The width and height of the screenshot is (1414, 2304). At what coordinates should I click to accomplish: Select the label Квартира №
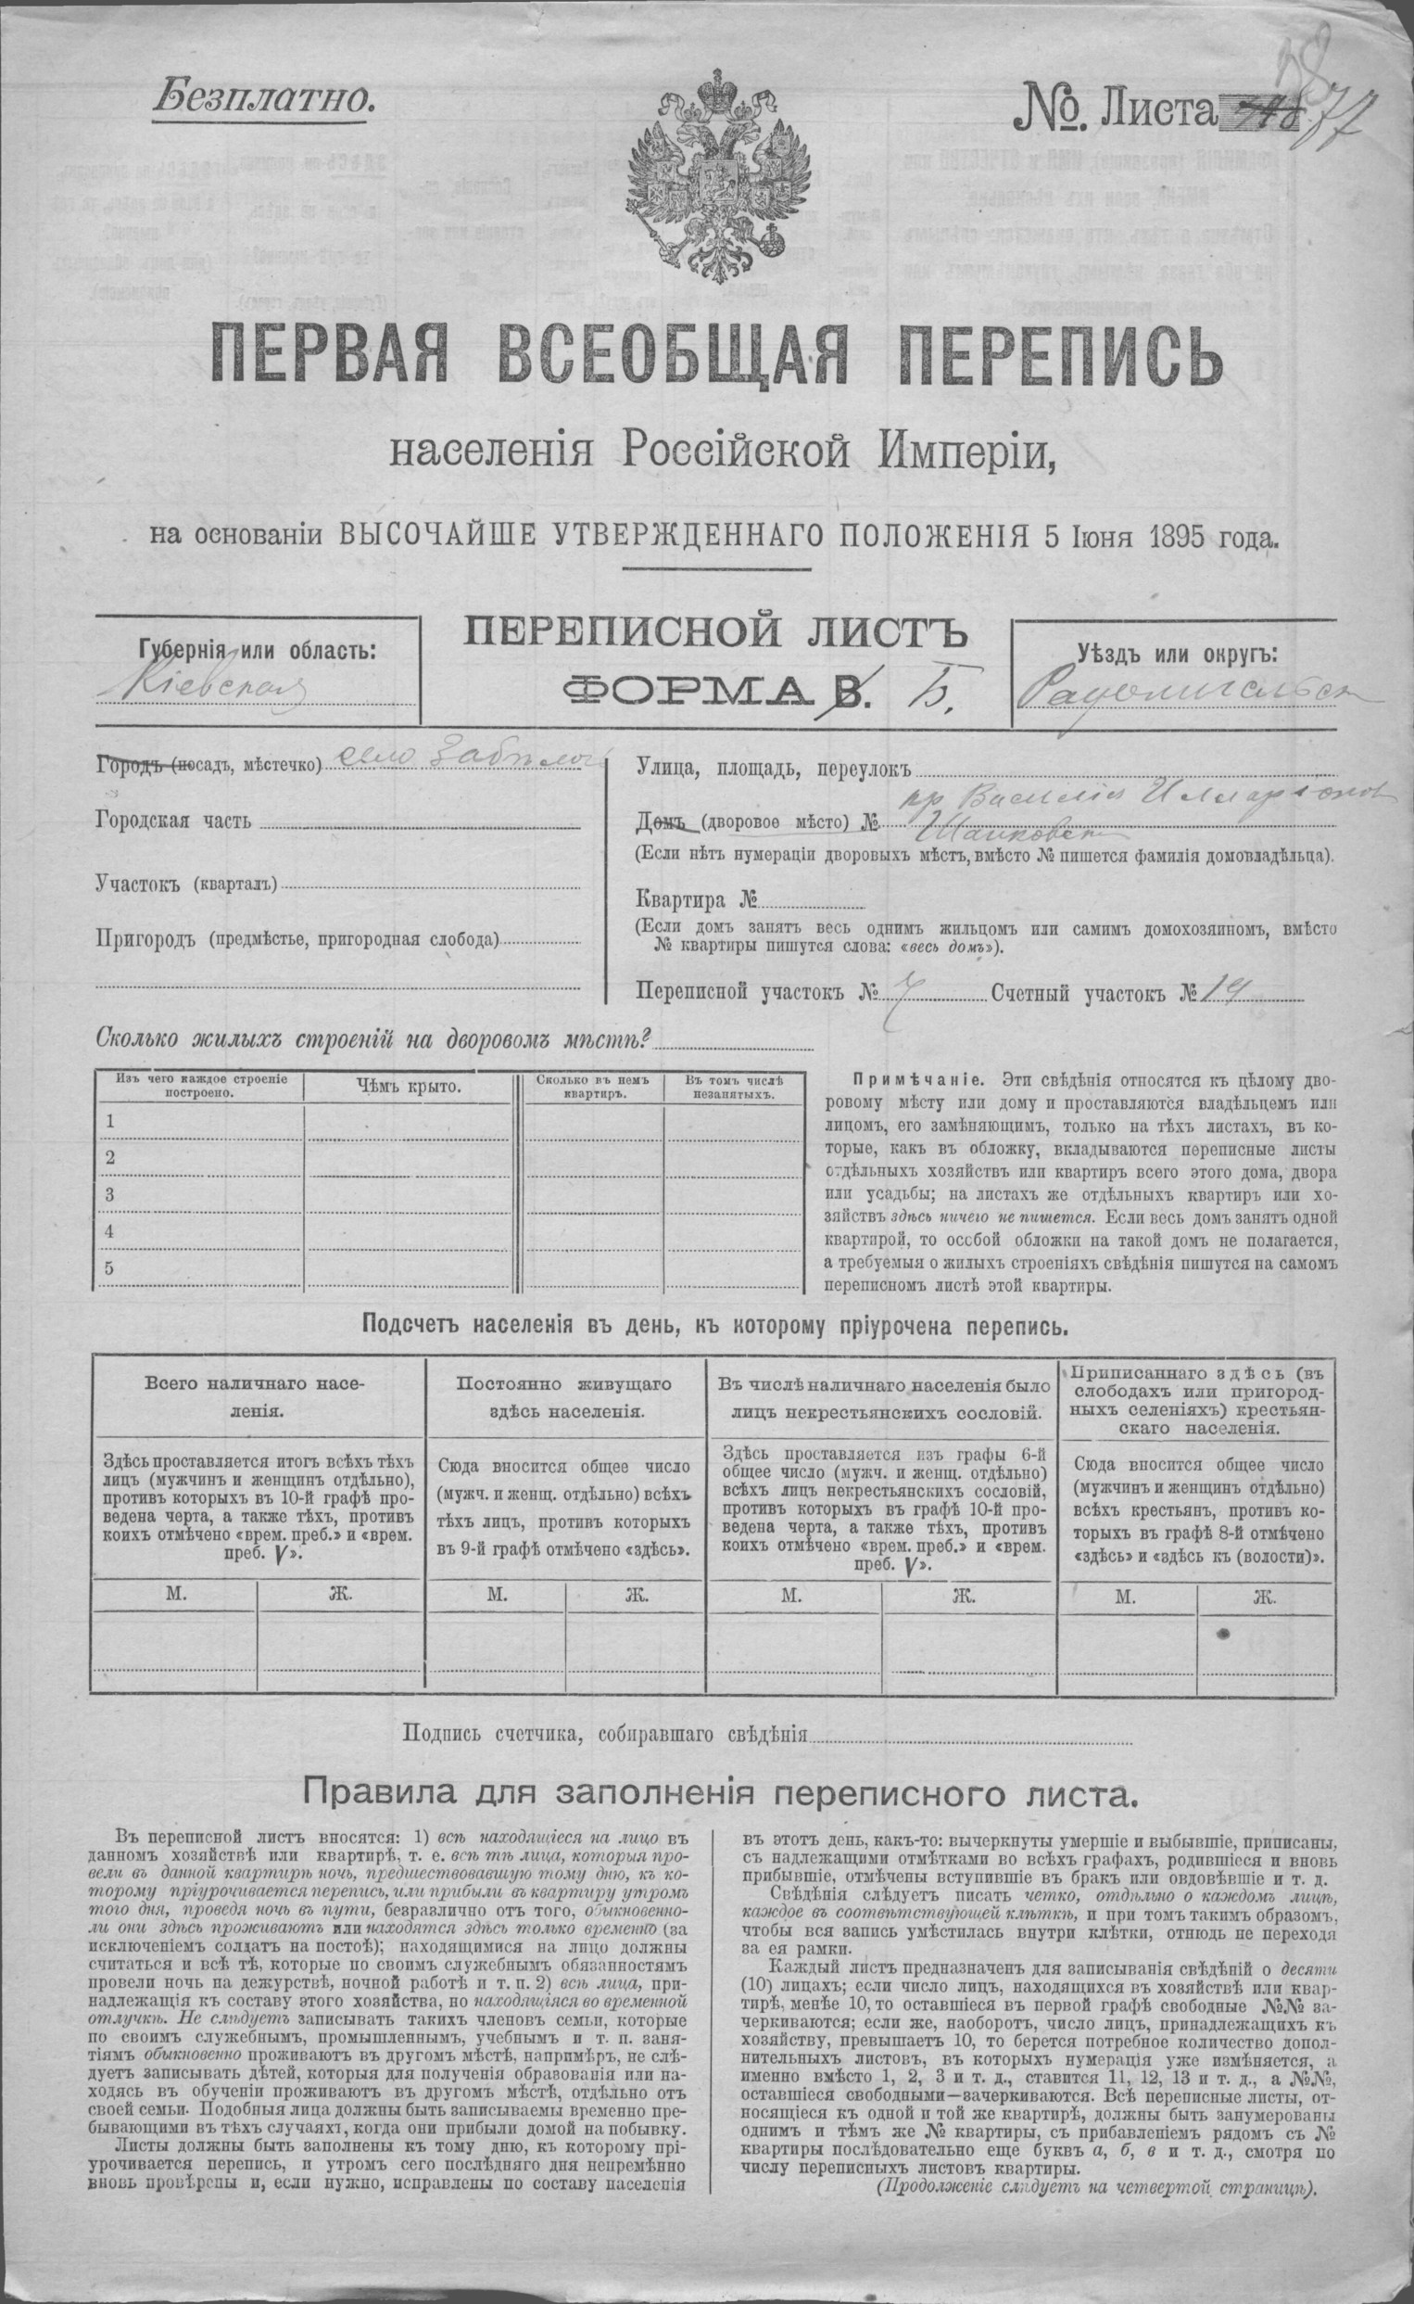[696, 901]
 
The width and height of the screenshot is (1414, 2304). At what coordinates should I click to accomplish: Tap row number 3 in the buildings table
[110, 1194]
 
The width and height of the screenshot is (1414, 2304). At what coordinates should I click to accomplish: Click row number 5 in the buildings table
[110, 1268]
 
